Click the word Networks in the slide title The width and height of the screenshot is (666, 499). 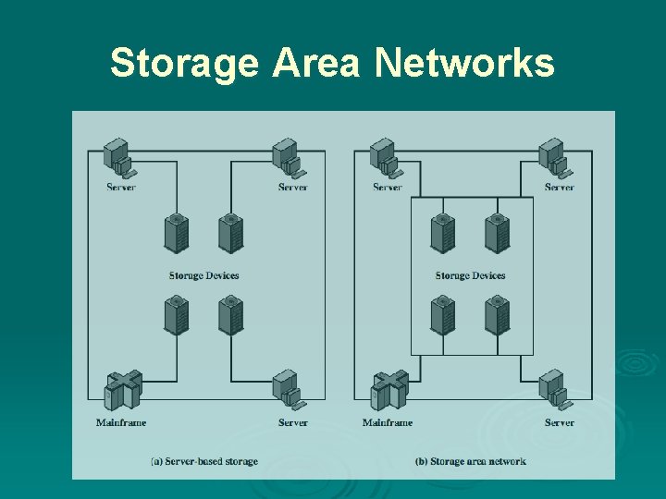click(465, 64)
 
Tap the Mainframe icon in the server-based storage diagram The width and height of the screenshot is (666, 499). click(121, 392)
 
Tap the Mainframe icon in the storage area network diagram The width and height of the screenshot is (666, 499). click(388, 392)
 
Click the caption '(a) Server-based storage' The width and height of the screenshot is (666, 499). click(205, 461)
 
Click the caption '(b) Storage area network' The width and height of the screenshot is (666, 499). click(472, 461)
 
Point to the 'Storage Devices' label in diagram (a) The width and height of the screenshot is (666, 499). click(203, 275)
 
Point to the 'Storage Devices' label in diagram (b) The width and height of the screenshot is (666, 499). click(470, 275)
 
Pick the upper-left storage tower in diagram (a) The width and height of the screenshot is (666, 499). click(176, 233)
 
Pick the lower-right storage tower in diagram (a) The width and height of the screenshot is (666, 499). click(230, 315)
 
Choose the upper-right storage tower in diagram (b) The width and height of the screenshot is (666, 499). click(498, 233)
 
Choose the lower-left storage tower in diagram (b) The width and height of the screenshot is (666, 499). click(442, 315)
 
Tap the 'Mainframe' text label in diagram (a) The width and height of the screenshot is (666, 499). click(121, 422)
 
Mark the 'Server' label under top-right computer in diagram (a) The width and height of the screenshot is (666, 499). click(292, 188)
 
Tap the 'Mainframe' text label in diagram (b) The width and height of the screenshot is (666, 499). click(388, 422)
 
